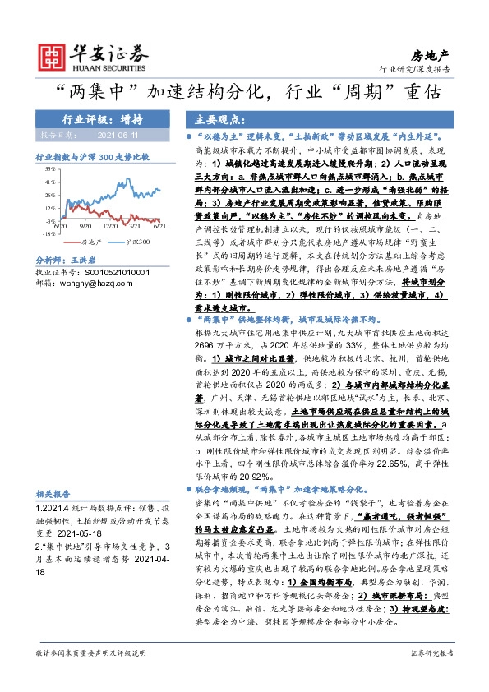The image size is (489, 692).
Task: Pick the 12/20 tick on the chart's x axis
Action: click(x=111, y=224)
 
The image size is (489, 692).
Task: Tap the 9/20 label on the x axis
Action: click(x=85, y=224)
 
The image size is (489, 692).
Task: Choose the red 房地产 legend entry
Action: click(x=91, y=242)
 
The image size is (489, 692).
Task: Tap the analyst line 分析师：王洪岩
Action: click(x=67, y=259)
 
